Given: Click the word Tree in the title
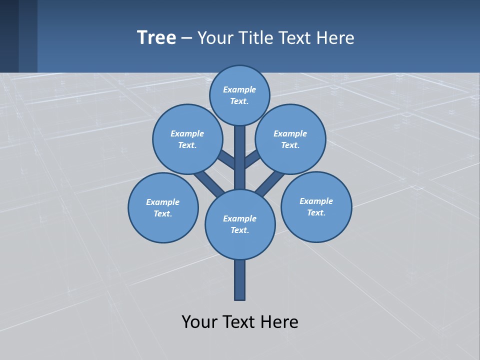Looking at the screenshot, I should coord(156,38).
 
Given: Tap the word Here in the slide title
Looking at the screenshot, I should coord(336,38).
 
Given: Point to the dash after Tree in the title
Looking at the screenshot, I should coord(187,38).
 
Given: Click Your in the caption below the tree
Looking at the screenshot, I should coord(199,322).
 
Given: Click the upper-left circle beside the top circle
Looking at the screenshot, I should coord(187,139).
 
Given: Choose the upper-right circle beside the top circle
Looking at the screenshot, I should coord(290,139).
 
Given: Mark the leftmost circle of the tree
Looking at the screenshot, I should coord(163,207).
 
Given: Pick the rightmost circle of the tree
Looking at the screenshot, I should coord(316,206).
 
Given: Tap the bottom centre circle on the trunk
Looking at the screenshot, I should coord(240,224).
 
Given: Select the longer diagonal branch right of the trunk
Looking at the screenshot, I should coord(270,183).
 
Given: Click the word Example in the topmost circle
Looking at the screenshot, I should coord(239,90).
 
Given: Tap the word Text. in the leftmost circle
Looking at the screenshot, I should coord(163,214).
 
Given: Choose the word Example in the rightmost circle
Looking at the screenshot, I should coord(316,201).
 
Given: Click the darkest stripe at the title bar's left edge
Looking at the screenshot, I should coord(9,36).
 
